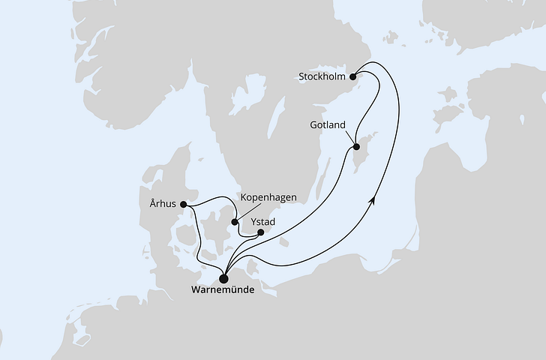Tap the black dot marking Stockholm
pyautogui.click(x=353, y=74)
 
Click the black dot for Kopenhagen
pyautogui.click(x=235, y=221)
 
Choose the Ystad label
pyautogui.click(x=262, y=220)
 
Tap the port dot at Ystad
pyautogui.click(x=261, y=232)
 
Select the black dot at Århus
pyautogui.click(x=184, y=202)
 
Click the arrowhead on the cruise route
pyautogui.click(x=373, y=199)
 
